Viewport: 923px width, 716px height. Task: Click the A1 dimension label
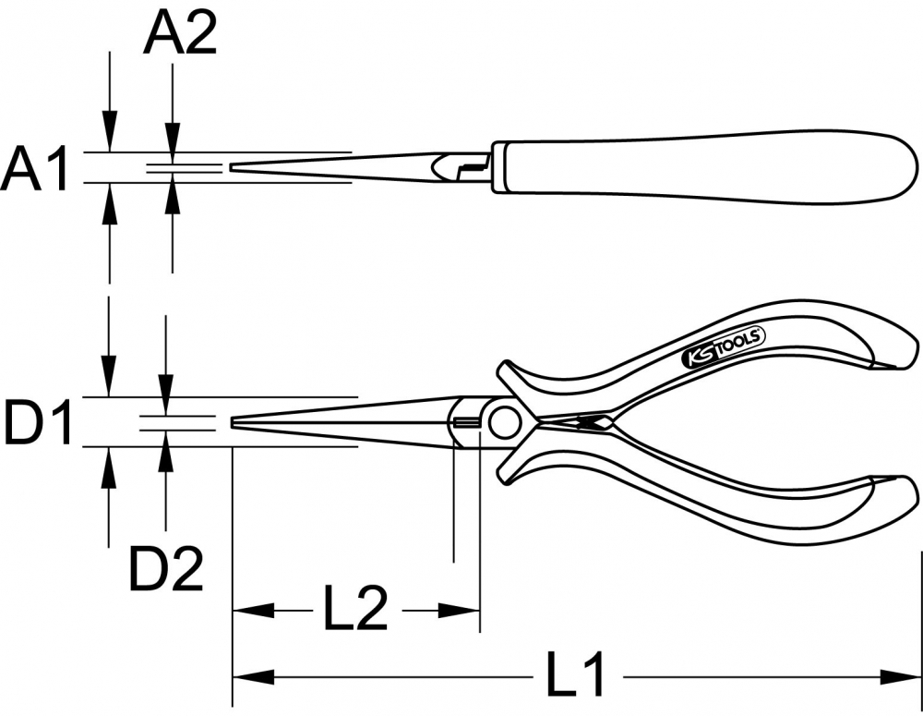[35, 170]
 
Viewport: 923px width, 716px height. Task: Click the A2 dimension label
[180, 33]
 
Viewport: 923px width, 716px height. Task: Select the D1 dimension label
[38, 422]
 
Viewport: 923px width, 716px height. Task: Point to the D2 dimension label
[166, 569]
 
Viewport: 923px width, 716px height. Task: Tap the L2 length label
[356, 608]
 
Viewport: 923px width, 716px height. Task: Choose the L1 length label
[574, 674]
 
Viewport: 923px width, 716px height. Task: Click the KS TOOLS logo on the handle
[724, 349]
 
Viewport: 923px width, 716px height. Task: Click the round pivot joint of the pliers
[503, 423]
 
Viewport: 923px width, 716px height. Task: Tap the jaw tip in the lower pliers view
[234, 422]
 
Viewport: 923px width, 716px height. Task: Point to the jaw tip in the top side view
[233, 168]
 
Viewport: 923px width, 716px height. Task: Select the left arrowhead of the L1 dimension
[254, 677]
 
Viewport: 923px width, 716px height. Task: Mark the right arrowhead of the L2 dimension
[459, 611]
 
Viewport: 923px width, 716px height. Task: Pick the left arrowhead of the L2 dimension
[254, 611]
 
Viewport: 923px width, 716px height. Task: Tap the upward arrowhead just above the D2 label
[166, 452]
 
